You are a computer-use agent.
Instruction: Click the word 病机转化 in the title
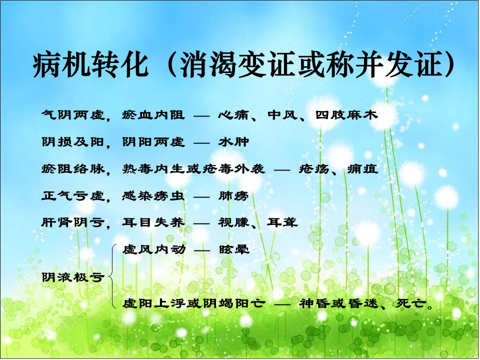coord(91,65)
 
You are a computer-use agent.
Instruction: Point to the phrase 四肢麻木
coord(347,115)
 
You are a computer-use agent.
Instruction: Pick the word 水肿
coord(233,142)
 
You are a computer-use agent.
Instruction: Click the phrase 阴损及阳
coord(73,142)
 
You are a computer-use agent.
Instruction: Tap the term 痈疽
coord(363,169)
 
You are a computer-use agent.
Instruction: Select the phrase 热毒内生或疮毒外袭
coord(193,169)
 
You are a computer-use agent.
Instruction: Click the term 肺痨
coord(233,196)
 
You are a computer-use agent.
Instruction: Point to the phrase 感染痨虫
coord(153,196)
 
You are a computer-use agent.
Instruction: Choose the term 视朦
coord(234,222)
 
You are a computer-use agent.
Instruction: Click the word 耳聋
coord(282,222)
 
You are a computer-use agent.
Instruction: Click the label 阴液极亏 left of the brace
coord(73,277)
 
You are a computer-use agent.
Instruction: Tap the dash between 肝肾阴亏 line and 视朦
coord(201,223)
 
